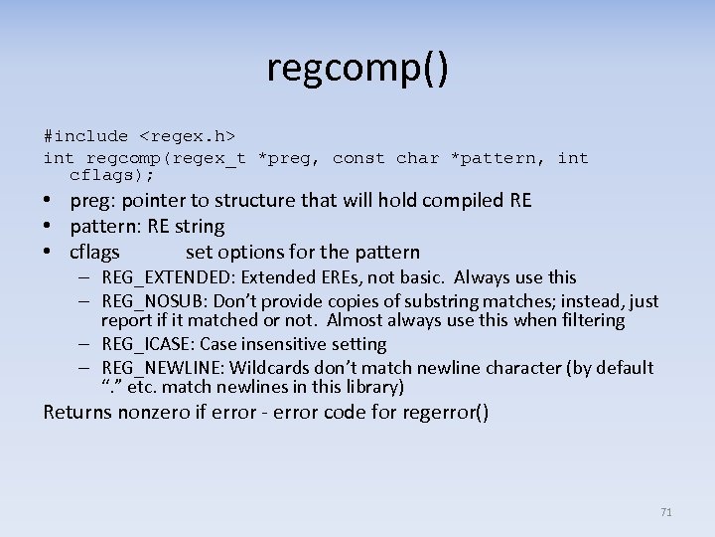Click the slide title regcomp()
click(357, 68)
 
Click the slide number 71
click(665, 512)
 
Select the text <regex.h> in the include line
click(187, 136)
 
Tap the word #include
click(85, 136)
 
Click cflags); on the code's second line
click(112, 175)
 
